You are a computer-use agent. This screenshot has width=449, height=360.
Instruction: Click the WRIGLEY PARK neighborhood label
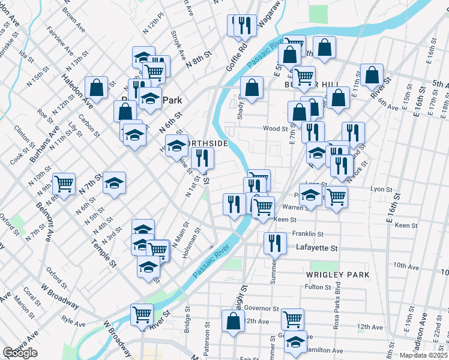tap(337, 274)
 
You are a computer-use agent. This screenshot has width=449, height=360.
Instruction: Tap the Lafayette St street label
tap(318, 248)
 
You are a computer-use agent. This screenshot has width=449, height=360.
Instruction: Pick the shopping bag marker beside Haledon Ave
tap(96, 88)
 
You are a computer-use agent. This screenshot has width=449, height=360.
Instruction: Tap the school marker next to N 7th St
tap(114, 183)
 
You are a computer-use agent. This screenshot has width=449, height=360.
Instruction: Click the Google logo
tap(20, 353)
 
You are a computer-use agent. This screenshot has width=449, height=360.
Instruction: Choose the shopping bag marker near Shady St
tap(252, 88)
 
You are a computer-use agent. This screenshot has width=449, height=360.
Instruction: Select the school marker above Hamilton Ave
tap(295, 341)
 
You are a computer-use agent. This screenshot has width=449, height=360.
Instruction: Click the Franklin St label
tap(308, 234)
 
